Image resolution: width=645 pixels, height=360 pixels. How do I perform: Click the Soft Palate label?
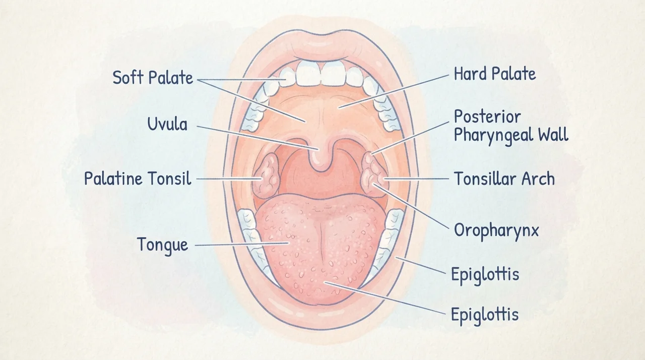153,78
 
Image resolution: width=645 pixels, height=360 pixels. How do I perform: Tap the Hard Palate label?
495,74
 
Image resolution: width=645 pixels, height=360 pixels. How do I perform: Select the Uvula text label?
167,124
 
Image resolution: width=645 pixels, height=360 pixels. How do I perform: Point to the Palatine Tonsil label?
138,178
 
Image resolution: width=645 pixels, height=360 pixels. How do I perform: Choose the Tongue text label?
163,246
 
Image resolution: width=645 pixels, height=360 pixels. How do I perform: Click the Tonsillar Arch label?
504,178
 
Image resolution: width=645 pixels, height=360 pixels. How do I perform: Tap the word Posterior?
487,117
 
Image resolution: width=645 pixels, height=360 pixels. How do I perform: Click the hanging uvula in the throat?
321,157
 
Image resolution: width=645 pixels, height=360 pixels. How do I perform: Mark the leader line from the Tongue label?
242,244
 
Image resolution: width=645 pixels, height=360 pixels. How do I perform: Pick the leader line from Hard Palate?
394,91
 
